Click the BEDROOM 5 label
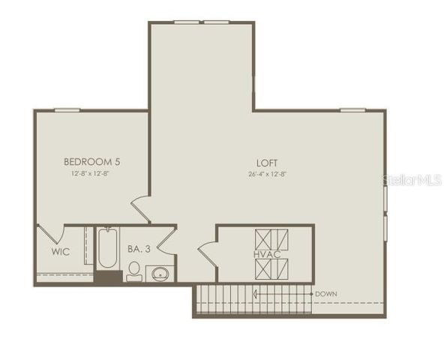[x=92, y=161]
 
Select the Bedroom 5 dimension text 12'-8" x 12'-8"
[x=92, y=174]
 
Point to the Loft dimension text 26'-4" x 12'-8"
[x=266, y=174]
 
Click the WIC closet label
[x=61, y=252]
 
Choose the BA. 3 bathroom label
[x=136, y=248]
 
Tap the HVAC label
[x=267, y=254]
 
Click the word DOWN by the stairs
[x=325, y=293]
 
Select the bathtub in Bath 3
[x=106, y=250]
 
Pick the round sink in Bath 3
[x=159, y=274]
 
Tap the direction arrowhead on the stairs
[x=256, y=293]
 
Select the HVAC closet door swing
[x=207, y=253]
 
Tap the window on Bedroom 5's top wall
[x=68, y=110]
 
